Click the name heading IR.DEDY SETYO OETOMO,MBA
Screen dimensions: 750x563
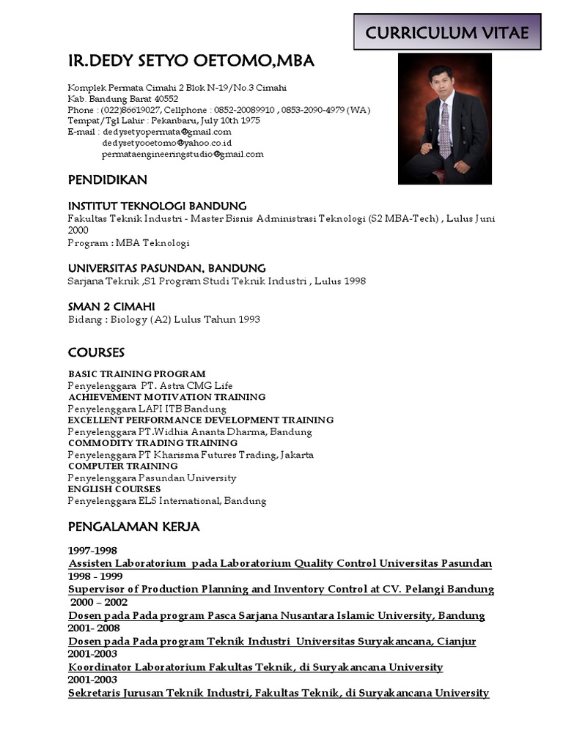191,62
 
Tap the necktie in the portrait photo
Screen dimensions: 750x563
444,131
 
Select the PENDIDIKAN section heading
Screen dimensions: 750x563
108,179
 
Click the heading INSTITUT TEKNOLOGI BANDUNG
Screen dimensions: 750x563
157,206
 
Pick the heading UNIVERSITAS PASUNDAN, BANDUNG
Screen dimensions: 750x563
166,268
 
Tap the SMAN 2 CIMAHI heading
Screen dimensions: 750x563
111,306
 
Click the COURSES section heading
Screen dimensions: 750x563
96,352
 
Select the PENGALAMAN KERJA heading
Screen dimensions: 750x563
133,527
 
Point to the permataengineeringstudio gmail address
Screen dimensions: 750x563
183,155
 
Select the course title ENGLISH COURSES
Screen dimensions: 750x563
114,489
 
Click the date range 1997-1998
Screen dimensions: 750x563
92,550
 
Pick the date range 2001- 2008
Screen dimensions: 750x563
94,628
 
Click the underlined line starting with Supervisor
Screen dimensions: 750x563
281,590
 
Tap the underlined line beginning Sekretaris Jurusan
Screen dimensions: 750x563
279,693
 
